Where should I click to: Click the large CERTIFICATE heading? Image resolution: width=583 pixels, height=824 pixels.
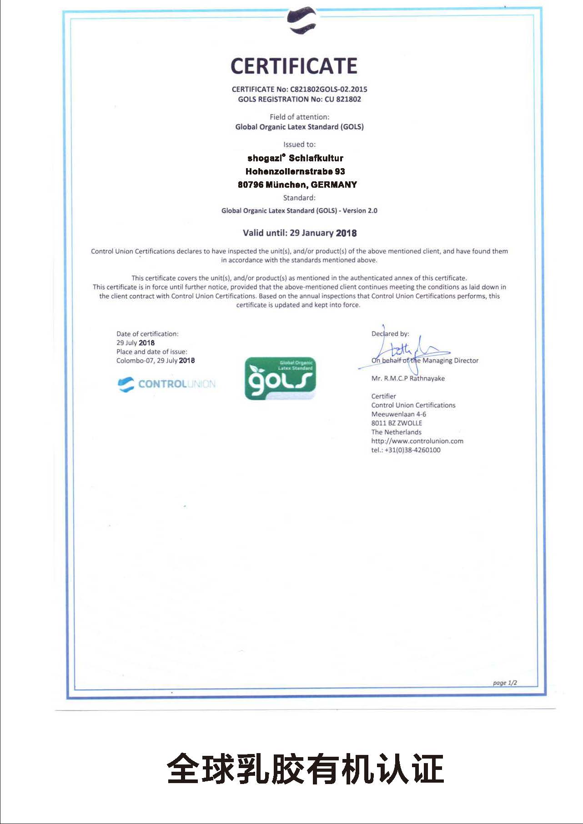pyautogui.click(x=294, y=66)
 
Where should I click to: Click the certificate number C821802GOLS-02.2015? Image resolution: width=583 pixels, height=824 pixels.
pyautogui.click(x=328, y=89)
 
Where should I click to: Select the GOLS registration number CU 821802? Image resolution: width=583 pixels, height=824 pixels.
pyautogui.click(x=342, y=99)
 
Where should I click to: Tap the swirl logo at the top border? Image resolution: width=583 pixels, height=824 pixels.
pyautogui.click(x=302, y=20)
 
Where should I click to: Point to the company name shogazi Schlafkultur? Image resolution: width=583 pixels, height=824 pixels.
pyautogui.click(x=295, y=158)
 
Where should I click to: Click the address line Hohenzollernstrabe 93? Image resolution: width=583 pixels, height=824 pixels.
pyautogui.click(x=295, y=171)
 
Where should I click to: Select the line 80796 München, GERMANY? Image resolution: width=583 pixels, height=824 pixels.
pyautogui.click(x=297, y=185)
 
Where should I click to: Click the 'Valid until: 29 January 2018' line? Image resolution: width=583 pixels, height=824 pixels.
pyautogui.click(x=299, y=233)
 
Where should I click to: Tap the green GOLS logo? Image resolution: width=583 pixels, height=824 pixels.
pyautogui.click(x=280, y=378)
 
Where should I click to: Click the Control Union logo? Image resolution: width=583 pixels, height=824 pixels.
pyautogui.click(x=166, y=384)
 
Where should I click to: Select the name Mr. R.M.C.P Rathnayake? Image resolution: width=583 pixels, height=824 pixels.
pyautogui.click(x=408, y=378)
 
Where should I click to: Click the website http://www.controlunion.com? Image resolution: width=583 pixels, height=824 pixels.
pyautogui.click(x=417, y=441)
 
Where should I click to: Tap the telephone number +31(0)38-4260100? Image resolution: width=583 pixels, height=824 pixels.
pyautogui.click(x=412, y=450)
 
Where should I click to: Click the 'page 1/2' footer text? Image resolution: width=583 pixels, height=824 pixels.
pyautogui.click(x=505, y=683)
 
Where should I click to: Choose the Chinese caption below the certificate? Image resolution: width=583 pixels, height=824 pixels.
pyautogui.click(x=305, y=769)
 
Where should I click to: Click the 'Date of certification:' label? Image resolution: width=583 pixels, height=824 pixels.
pyautogui.click(x=147, y=334)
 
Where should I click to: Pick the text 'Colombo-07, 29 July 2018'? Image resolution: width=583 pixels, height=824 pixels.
pyautogui.click(x=156, y=360)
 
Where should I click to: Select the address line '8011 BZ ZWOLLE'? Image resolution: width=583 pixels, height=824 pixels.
pyautogui.click(x=397, y=423)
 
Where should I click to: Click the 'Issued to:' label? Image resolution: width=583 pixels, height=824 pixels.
pyautogui.click(x=299, y=145)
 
